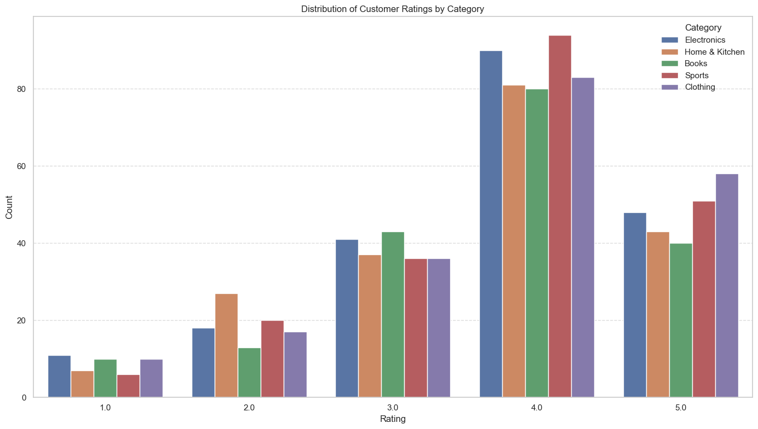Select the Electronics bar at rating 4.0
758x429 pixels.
tap(491, 224)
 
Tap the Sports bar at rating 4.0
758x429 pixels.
tap(560, 216)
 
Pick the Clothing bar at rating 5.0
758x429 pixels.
tap(727, 286)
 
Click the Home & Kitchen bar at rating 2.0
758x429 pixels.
tap(226, 345)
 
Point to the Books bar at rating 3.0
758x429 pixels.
tap(393, 315)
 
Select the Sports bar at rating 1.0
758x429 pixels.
tap(128, 386)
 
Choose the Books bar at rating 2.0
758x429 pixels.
tap(249, 372)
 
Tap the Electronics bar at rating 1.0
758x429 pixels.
tap(59, 376)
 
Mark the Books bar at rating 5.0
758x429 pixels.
tap(681, 320)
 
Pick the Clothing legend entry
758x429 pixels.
tap(700, 87)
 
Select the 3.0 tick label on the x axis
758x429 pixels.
tap(393, 408)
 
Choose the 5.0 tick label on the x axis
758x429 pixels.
tap(681, 408)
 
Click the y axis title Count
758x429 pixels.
tap(9, 207)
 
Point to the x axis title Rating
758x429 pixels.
tap(393, 419)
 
